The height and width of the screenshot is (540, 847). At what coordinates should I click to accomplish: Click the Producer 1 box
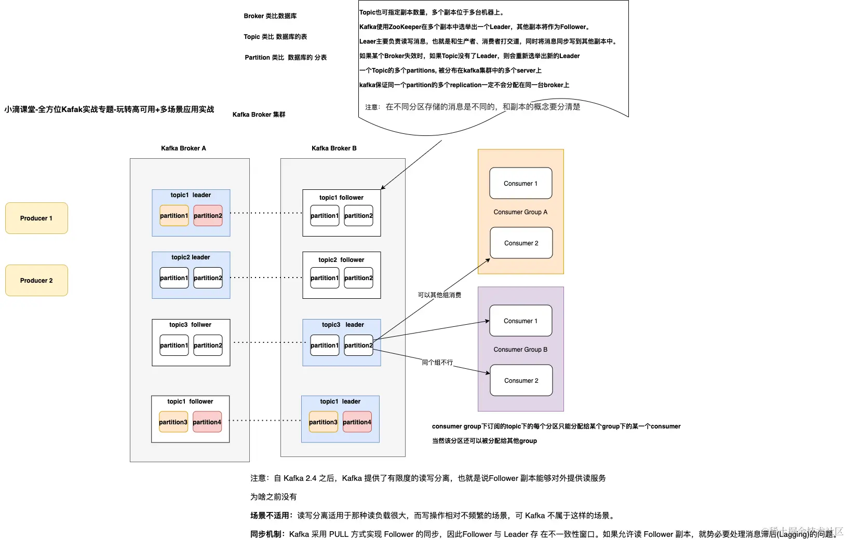(x=36, y=218)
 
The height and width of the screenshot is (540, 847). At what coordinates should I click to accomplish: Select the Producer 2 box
(x=36, y=281)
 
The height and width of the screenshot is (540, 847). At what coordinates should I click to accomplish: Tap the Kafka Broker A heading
(x=183, y=148)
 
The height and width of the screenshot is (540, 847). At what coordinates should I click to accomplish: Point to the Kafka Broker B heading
(x=334, y=148)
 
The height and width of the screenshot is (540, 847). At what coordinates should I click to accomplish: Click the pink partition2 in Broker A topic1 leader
(x=208, y=216)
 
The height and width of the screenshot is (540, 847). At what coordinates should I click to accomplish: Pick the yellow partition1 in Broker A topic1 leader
(x=174, y=216)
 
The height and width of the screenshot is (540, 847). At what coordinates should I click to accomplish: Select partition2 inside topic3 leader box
(x=358, y=345)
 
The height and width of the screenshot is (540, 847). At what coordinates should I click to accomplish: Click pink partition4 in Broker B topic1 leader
(x=357, y=422)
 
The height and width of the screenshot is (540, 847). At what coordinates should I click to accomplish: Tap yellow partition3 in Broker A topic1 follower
(x=173, y=422)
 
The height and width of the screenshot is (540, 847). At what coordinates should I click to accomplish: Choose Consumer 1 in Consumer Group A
(x=520, y=184)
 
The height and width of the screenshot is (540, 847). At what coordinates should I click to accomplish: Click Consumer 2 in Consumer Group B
(x=521, y=381)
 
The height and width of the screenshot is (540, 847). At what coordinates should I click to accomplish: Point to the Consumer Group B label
(x=520, y=350)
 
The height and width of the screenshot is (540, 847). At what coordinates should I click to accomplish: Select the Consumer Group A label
(x=520, y=212)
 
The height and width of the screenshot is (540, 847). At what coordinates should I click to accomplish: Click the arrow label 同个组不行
(x=437, y=363)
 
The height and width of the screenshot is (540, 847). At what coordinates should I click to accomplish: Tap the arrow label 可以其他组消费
(x=439, y=295)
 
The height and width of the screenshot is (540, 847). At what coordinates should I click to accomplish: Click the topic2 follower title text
(x=341, y=260)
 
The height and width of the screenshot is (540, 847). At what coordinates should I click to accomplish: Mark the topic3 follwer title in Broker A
(x=190, y=325)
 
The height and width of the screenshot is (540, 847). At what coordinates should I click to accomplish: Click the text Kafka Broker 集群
(x=259, y=115)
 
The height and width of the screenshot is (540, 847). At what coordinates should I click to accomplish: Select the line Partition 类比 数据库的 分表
(x=286, y=58)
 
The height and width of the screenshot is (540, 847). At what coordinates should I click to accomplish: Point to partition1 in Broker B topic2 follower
(x=325, y=278)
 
